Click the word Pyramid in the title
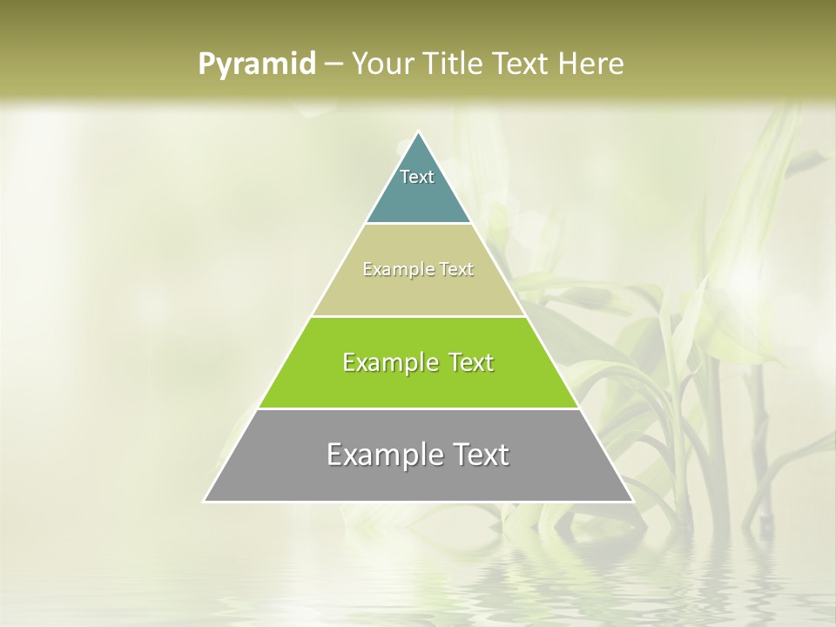coord(257,64)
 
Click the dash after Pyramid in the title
coord(333,64)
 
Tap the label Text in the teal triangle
coord(417,177)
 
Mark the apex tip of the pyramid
coord(419,133)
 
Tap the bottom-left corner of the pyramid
coord(206,501)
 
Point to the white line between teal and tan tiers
coord(419,224)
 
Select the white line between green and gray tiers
coord(418,408)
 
